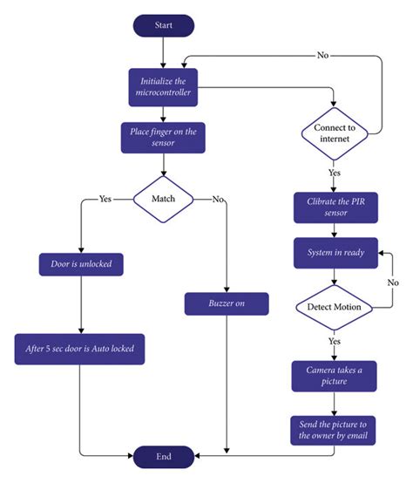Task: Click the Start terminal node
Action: (x=163, y=26)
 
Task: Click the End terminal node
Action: (x=163, y=455)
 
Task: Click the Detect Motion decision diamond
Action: (x=335, y=307)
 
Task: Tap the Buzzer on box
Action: (x=226, y=304)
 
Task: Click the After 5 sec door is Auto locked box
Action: (x=80, y=350)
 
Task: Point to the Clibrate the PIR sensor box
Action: (x=335, y=208)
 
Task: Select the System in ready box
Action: (x=335, y=253)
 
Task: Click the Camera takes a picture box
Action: (x=335, y=376)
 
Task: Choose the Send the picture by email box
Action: (x=335, y=429)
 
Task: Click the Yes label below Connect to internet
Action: (x=335, y=173)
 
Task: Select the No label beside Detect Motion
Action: (x=393, y=282)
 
